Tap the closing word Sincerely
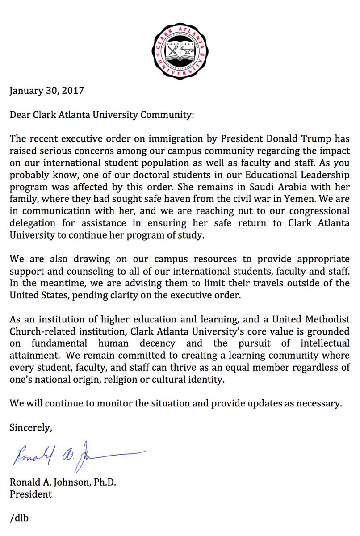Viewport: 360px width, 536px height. tap(31, 427)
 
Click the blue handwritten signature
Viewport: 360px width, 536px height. tap(76, 456)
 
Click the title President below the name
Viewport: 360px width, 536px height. tap(31, 494)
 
